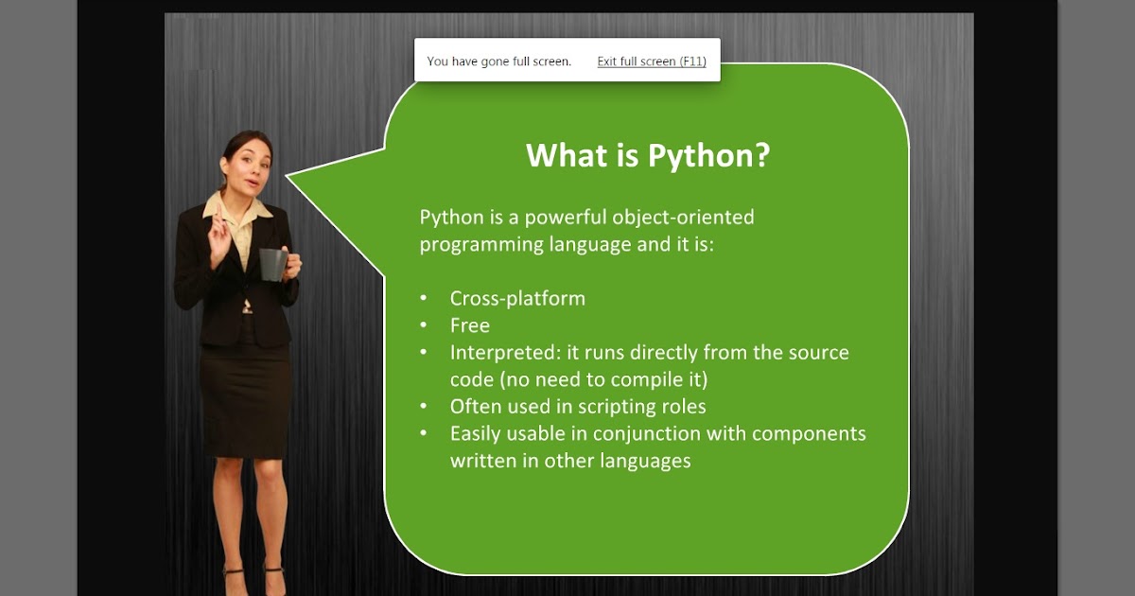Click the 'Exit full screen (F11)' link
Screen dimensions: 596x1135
click(x=652, y=61)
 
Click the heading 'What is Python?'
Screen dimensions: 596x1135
click(x=648, y=155)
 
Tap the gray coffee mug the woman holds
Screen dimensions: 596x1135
click(x=272, y=264)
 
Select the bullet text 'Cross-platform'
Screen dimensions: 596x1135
click(x=517, y=298)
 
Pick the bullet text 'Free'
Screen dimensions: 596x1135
click(x=469, y=325)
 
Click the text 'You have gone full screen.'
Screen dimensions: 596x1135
click(x=499, y=61)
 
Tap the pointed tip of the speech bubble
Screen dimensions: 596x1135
click(x=288, y=175)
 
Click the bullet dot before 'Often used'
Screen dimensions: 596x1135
click(x=424, y=407)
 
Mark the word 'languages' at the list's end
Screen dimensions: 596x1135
click(x=649, y=462)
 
